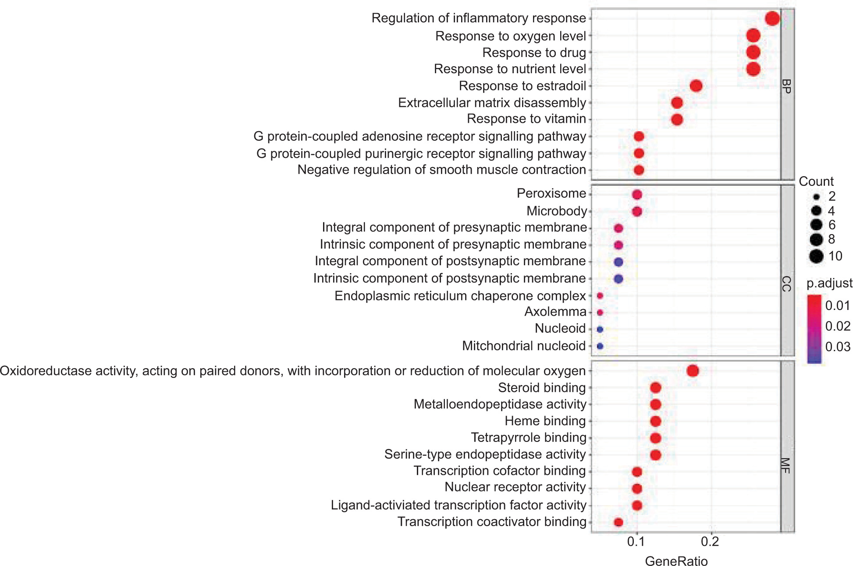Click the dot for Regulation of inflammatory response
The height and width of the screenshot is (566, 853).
click(x=772, y=19)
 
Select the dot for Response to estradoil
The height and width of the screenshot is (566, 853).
click(x=696, y=86)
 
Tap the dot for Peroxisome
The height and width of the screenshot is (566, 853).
click(x=637, y=195)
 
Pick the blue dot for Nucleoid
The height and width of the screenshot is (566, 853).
click(x=600, y=329)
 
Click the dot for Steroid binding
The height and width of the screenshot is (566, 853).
click(x=655, y=388)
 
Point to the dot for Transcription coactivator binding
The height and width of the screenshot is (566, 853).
click(x=618, y=522)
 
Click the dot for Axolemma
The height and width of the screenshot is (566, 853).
click(x=600, y=313)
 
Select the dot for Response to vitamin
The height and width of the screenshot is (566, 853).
click(x=677, y=120)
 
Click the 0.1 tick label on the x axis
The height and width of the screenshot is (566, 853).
click(x=636, y=542)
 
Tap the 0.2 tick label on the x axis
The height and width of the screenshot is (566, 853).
click(x=710, y=542)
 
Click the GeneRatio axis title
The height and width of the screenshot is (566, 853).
click(x=676, y=561)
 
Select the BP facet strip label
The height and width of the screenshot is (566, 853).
click(x=787, y=86)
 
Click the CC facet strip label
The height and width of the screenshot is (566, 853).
click(x=787, y=284)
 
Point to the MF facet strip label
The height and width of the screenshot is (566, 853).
click(x=787, y=466)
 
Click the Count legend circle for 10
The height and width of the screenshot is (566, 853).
click(x=816, y=256)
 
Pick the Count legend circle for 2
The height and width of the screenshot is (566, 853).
click(x=816, y=197)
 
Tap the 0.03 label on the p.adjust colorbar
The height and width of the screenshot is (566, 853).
click(x=838, y=347)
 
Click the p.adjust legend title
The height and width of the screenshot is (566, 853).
click(x=829, y=283)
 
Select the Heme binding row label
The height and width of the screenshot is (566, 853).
click(x=545, y=421)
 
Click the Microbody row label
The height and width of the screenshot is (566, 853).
click(x=556, y=211)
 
